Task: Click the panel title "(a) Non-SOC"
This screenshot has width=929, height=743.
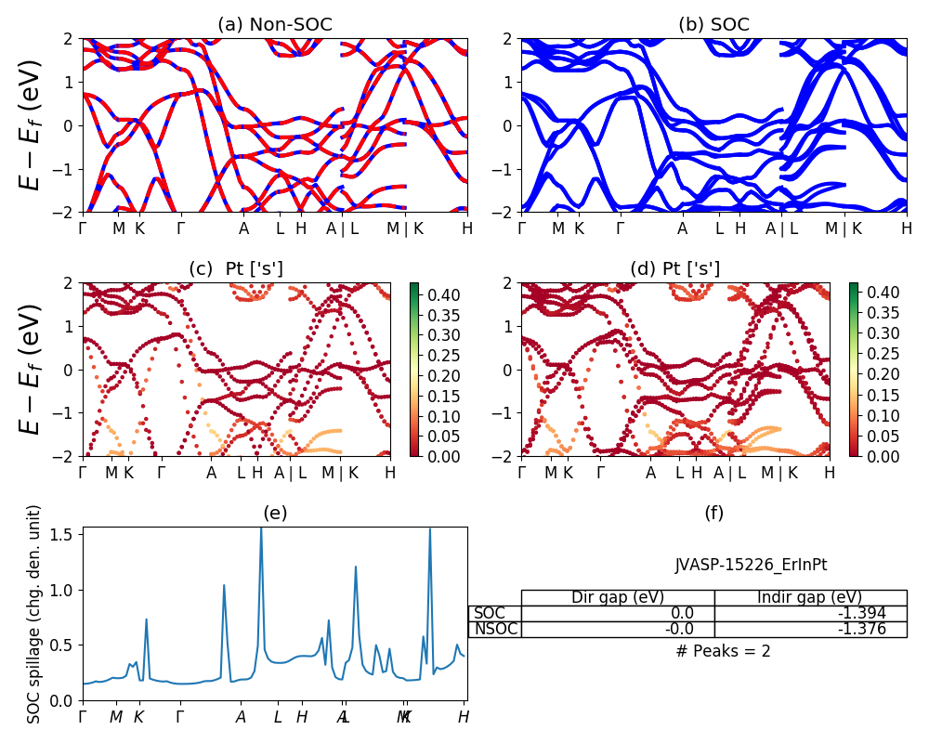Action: click(274, 25)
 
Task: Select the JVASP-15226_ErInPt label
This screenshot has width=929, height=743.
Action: click(751, 565)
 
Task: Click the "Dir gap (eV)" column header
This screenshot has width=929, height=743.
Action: click(617, 597)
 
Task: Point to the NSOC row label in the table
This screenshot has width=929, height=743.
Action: click(494, 629)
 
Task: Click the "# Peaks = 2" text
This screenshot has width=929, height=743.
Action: click(724, 651)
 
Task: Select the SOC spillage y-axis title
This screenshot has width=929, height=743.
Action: click(34, 614)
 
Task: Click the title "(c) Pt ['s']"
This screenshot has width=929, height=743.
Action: click(236, 269)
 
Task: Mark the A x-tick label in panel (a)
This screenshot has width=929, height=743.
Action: click(243, 228)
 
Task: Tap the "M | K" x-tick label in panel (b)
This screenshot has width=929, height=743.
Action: click(844, 228)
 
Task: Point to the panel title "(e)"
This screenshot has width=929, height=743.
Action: click(274, 513)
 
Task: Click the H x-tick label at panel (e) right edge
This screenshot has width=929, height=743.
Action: click(463, 717)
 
